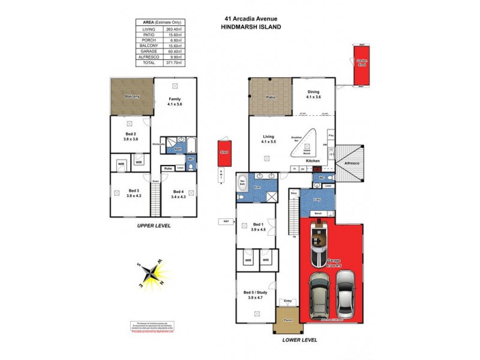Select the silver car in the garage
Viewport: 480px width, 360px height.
[x=346, y=294]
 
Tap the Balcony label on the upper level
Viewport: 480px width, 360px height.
[x=131, y=96]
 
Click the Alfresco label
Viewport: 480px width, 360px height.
[x=350, y=163]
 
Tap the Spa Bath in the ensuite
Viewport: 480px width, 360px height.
[x=242, y=185]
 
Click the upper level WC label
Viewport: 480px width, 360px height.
[x=190, y=159]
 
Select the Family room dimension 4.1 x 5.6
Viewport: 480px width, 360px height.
[x=175, y=104]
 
